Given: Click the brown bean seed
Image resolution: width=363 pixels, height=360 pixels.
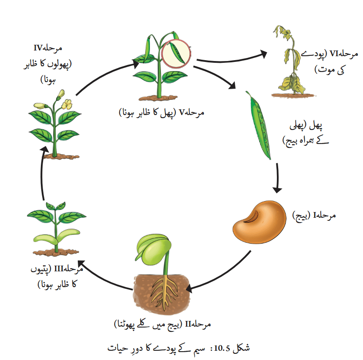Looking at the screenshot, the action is [x=259, y=222].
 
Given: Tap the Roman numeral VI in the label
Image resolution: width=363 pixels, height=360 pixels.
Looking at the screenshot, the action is [x=334, y=54].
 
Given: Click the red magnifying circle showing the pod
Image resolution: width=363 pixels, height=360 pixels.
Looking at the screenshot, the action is [x=176, y=54].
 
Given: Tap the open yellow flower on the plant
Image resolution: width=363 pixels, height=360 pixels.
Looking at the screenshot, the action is [x=67, y=104].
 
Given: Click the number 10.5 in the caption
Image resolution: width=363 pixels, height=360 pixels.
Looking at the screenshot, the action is [x=222, y=348].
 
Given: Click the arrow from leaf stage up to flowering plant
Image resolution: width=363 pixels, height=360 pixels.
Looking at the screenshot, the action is [x=42, y=173].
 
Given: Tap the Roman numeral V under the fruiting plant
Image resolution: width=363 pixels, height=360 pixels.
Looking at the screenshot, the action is [x=182, y=112].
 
